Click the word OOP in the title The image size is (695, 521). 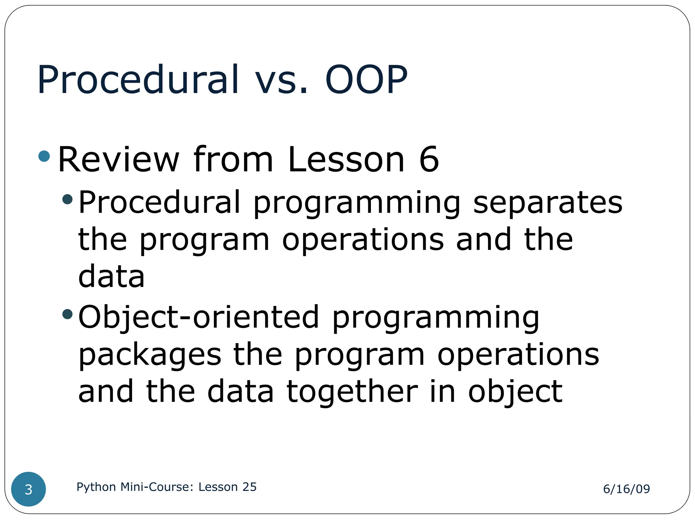coord(366,80)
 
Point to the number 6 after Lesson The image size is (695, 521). coord(429,159)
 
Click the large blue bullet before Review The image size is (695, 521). coord(44,156)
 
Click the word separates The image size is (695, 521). coord(547,202)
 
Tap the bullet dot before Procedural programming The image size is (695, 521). coord(68,199)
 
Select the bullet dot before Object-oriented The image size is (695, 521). coord(68,314)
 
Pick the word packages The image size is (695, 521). coord(150,355)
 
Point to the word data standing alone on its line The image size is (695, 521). coord(111,276)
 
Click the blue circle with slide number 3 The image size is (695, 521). coord(29,489)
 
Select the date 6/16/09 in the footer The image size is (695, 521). coord(626,489)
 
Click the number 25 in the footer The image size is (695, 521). coord(249,487)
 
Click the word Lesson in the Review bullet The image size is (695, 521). coord(346,159)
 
